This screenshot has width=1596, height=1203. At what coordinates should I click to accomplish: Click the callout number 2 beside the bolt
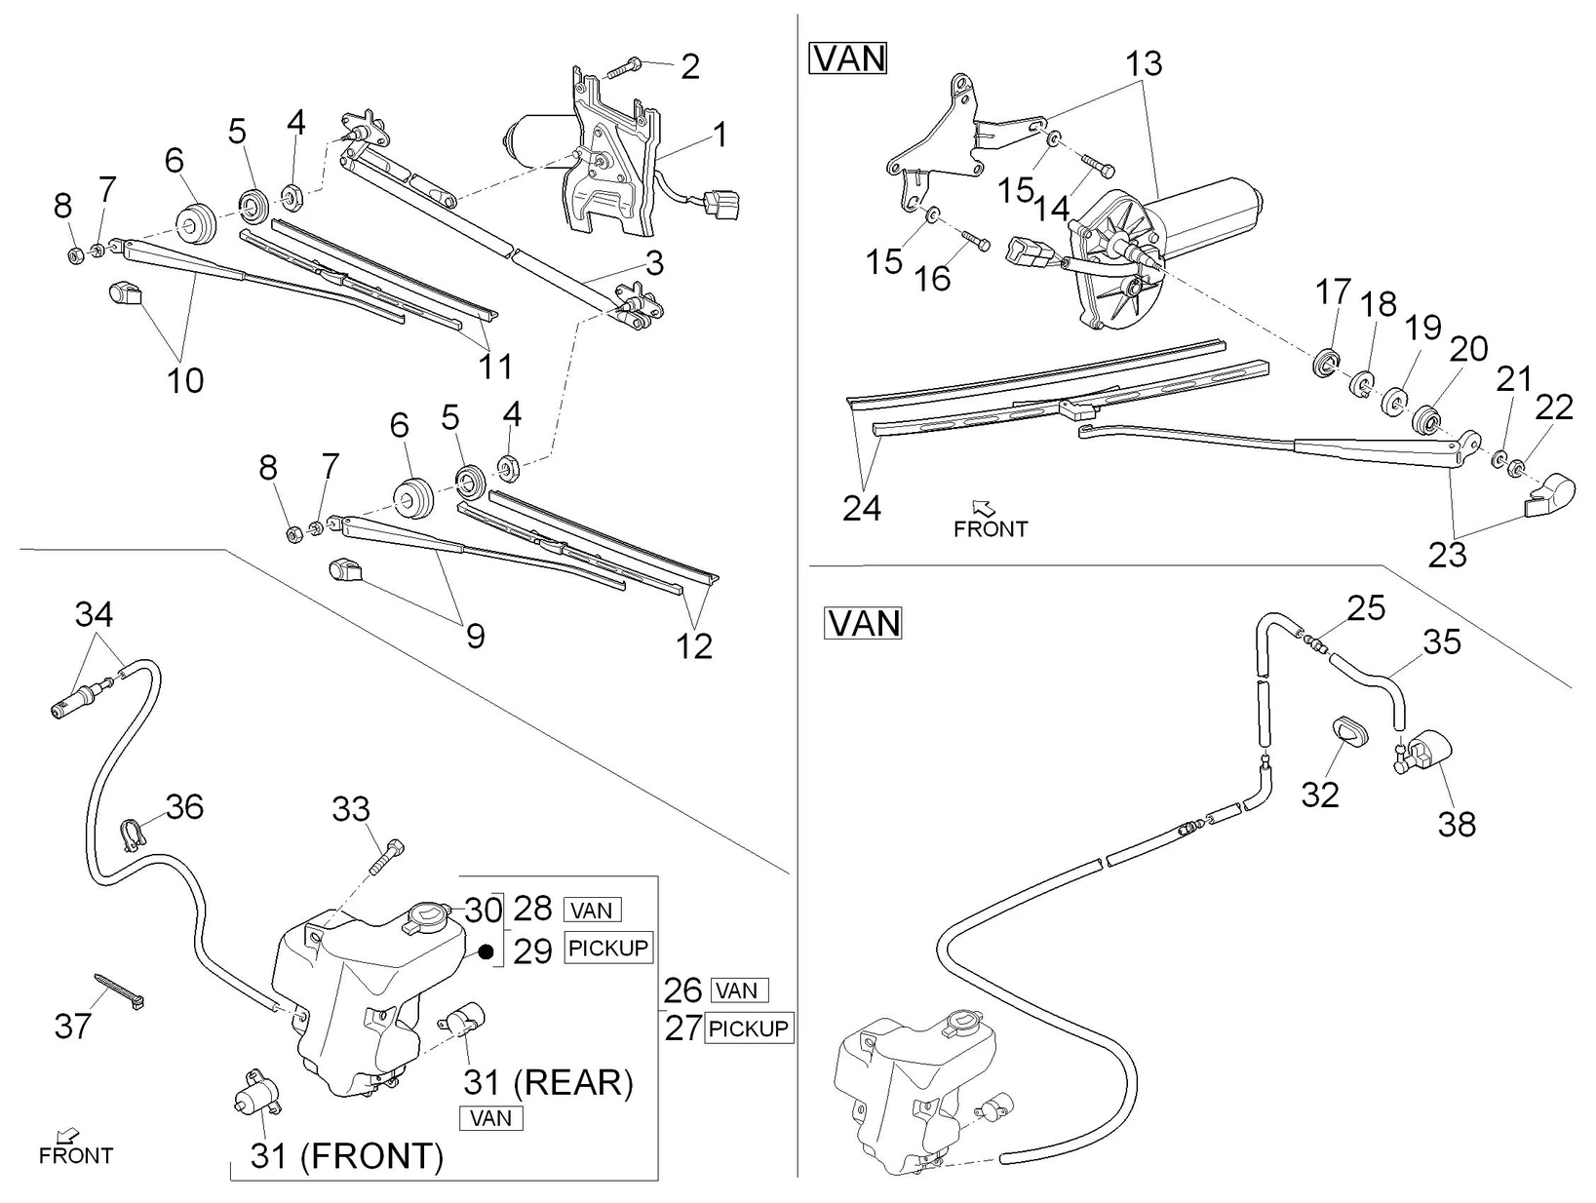coord(690,67)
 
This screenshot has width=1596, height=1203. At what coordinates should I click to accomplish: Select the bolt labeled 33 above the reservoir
coord(386,856)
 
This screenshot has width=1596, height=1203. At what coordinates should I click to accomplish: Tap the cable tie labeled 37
coord(120,991)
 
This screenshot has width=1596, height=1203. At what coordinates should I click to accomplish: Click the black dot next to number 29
coord(487,951)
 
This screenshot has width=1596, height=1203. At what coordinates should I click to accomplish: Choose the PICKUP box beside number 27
coord(749,1028)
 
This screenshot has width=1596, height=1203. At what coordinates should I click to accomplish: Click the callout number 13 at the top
coord(1144,64)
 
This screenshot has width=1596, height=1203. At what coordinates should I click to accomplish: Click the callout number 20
coord(1468,350)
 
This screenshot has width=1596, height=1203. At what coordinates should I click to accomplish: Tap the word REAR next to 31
coord(573,1083)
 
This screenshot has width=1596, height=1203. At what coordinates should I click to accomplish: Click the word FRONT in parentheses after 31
coord(371,1156)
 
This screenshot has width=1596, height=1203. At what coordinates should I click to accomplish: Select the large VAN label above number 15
coord(848,58)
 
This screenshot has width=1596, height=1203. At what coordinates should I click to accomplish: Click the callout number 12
coord(693,646)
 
